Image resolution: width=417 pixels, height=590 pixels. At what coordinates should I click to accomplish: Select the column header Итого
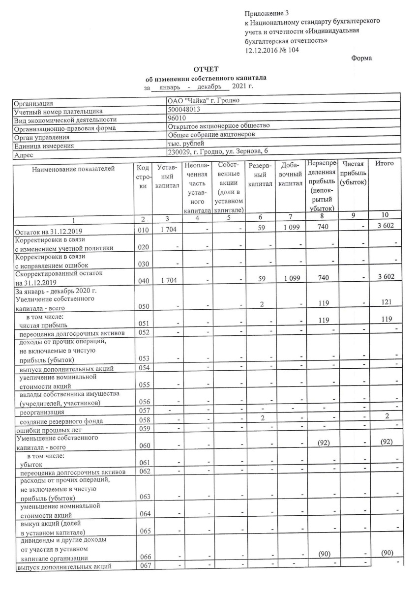click(x=384, y=163)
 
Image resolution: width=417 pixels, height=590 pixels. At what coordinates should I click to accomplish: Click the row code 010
click(x=141, y=230)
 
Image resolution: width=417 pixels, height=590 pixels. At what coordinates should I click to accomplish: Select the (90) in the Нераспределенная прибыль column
click(x=323, y=554)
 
